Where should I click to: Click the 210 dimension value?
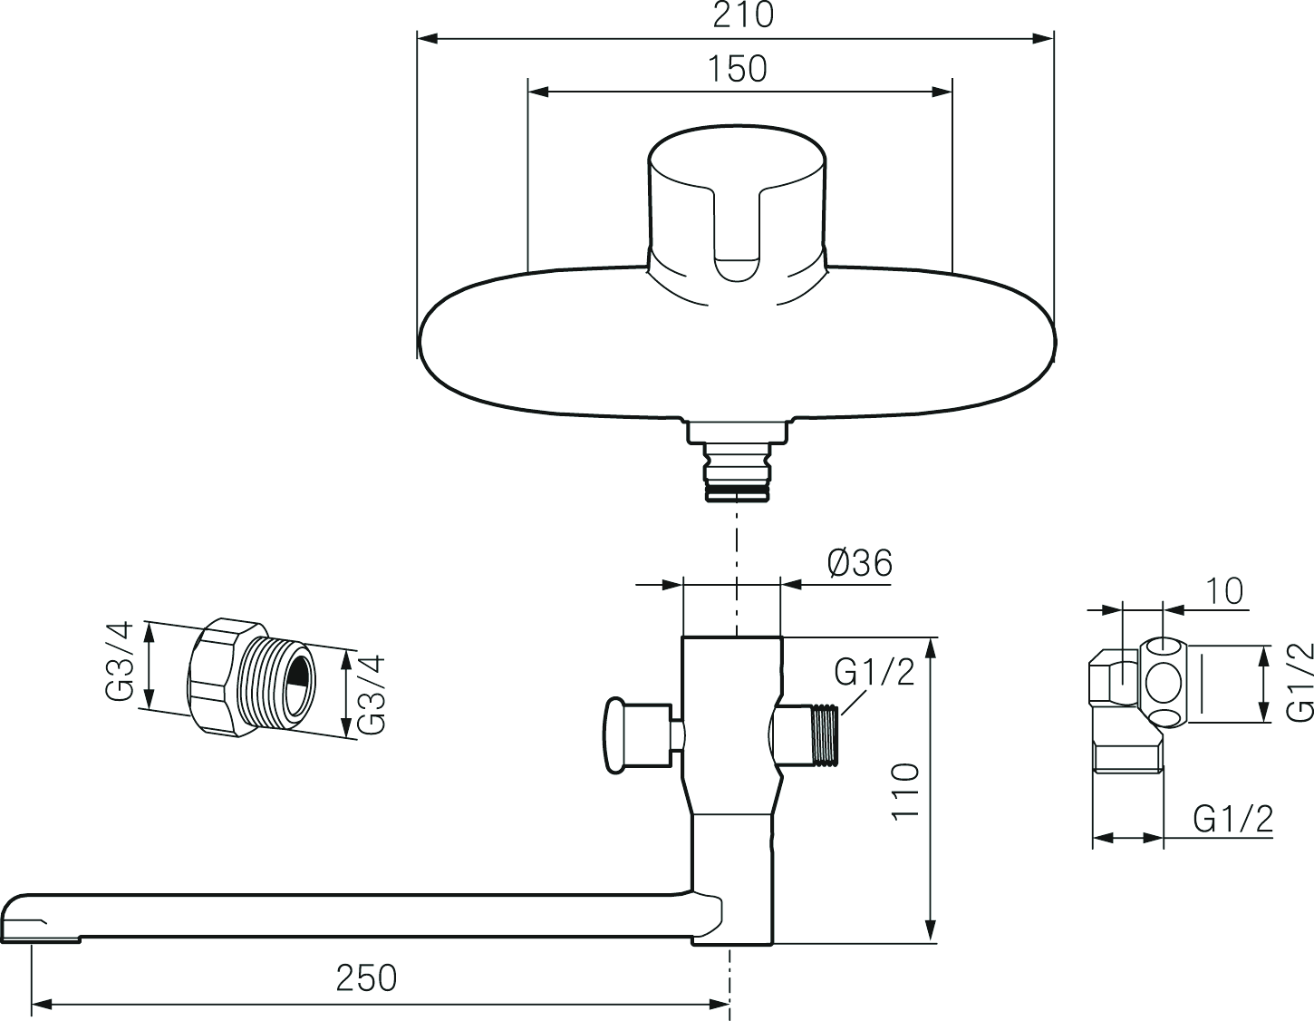click(743, 15)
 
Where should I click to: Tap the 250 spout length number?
click(366, 978)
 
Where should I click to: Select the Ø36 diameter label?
click(859, 564)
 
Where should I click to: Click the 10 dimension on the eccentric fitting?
click(1225, 590)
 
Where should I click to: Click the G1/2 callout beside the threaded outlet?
click(874, 672)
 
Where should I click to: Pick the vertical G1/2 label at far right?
click(1300, 681)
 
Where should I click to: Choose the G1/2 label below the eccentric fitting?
click(1233, 820)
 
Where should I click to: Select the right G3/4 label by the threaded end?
click(371, 694)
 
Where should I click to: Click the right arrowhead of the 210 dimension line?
click(1041, 38)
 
